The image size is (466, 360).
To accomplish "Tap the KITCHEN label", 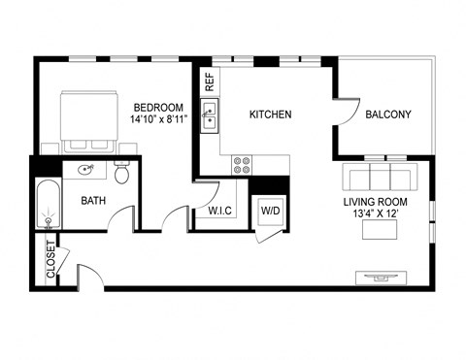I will [271, 115].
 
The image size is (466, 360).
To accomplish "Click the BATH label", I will [93, 202].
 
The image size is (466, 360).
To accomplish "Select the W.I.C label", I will [218, 210].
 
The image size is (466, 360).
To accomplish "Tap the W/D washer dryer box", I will [268, 211].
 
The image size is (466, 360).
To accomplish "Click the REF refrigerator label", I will [209, 82].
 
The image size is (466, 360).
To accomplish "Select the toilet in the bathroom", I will [122, 175].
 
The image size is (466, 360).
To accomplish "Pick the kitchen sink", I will [210, 119].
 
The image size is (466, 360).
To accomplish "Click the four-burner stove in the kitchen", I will [242, 165].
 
